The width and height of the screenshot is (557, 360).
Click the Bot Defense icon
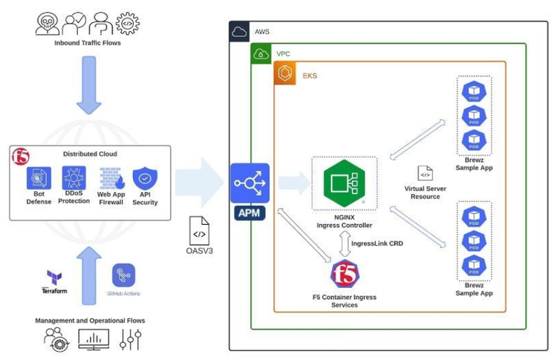[x=39, y=178]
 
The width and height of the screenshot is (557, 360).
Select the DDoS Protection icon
[x=74, y=178]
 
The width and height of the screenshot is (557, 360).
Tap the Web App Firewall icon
[x=111, y=179]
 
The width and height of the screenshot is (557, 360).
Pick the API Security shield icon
[x=145, y=179]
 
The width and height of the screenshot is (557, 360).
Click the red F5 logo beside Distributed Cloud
[x=20, y=157]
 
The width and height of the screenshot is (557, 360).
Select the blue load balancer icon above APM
[x=250, y=183]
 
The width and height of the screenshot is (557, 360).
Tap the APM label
[x=250, y=213]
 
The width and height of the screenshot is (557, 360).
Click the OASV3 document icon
[x=200, y=231]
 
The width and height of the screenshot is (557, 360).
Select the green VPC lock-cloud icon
[x=261, y=54]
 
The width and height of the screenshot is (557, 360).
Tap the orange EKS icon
[x=285, y=74]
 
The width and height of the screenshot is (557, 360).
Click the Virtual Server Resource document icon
[x=425, y=174]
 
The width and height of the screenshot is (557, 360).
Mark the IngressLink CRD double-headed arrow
[x=344, y=243]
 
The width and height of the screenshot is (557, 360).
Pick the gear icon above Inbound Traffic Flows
[x=127, y=24]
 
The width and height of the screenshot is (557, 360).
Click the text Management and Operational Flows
[x=89, y=321]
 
